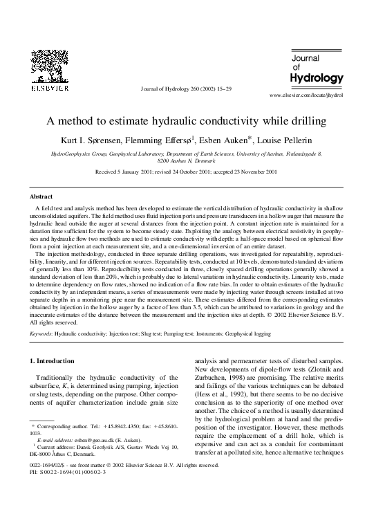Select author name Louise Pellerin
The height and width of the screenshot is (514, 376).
point(291,140)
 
